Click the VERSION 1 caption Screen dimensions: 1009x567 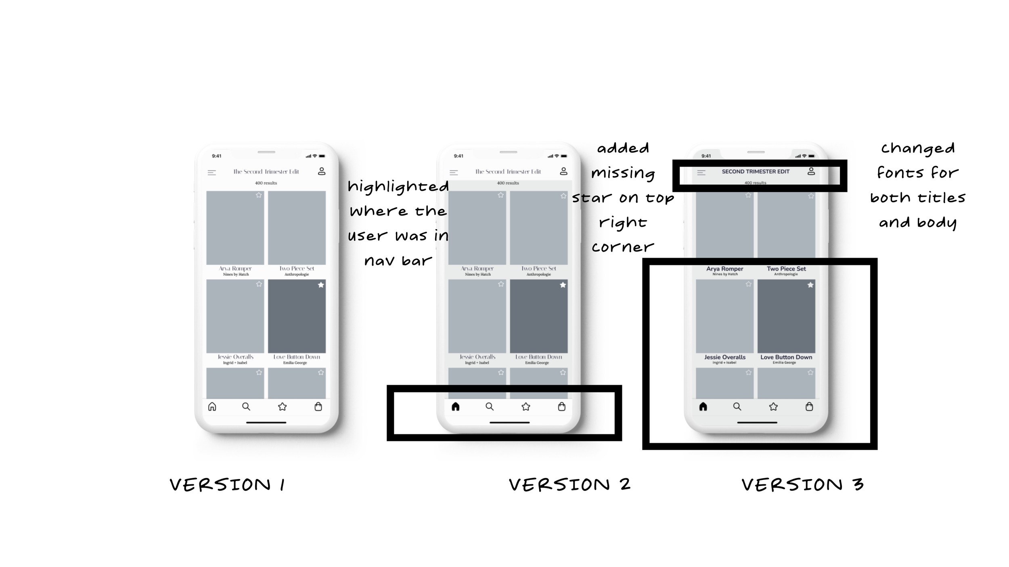227,485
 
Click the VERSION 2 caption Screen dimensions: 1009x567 569,485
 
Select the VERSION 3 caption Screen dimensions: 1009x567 802,485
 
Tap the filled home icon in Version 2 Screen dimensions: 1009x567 456,406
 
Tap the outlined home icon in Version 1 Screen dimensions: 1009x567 212,406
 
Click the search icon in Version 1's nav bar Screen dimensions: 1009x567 246,406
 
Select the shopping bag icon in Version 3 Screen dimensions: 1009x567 809,406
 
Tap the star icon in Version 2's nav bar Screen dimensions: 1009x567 526,406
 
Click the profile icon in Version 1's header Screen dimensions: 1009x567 322,171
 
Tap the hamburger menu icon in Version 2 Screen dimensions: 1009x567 454,173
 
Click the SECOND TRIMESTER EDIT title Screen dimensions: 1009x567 756,171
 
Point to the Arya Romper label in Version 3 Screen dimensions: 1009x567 725,269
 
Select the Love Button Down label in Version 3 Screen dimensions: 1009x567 786,357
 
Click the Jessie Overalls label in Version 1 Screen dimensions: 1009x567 236,357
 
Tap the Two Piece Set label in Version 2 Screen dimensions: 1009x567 539,269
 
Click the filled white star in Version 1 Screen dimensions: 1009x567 321,285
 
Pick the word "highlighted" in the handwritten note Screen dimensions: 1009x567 398,187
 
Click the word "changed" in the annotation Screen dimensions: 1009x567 918,148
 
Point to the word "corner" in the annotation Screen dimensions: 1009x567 623,247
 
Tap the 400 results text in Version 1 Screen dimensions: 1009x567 266,183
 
